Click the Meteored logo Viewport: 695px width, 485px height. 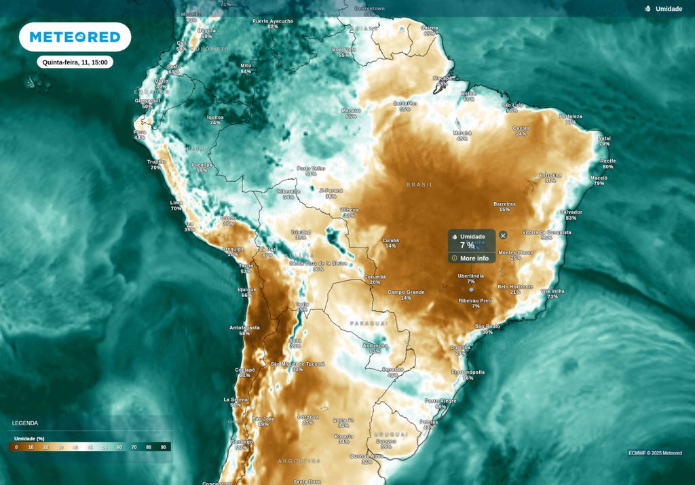coord(75,37)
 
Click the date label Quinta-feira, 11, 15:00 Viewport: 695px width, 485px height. coord(75,62)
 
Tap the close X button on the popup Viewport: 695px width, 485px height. coord(503,235)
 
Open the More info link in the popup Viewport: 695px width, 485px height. coord(474,258)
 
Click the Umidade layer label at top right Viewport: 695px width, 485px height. coord(669,9)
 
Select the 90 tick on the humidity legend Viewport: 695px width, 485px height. coord(164,447)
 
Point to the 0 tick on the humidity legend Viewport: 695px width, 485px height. coord(16,447)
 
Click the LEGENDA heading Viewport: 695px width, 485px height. coord(25,423)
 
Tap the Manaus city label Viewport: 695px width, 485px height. coord(351,110)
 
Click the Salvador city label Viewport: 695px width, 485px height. coord(571,212)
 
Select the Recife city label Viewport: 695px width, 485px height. coord(608,161)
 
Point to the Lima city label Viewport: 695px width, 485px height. coord(176,203)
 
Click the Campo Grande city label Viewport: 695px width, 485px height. coord(405,292)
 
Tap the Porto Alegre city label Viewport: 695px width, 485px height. coord(440,401)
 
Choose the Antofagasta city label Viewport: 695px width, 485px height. coord(244,328)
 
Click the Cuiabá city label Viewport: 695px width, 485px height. coord(390,240)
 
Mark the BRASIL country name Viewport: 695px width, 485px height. coord(419,185)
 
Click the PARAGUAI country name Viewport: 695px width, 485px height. coord(369,324)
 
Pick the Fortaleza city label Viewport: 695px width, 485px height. coord(571,117)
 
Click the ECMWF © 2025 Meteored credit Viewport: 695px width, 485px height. coord(655,453)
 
